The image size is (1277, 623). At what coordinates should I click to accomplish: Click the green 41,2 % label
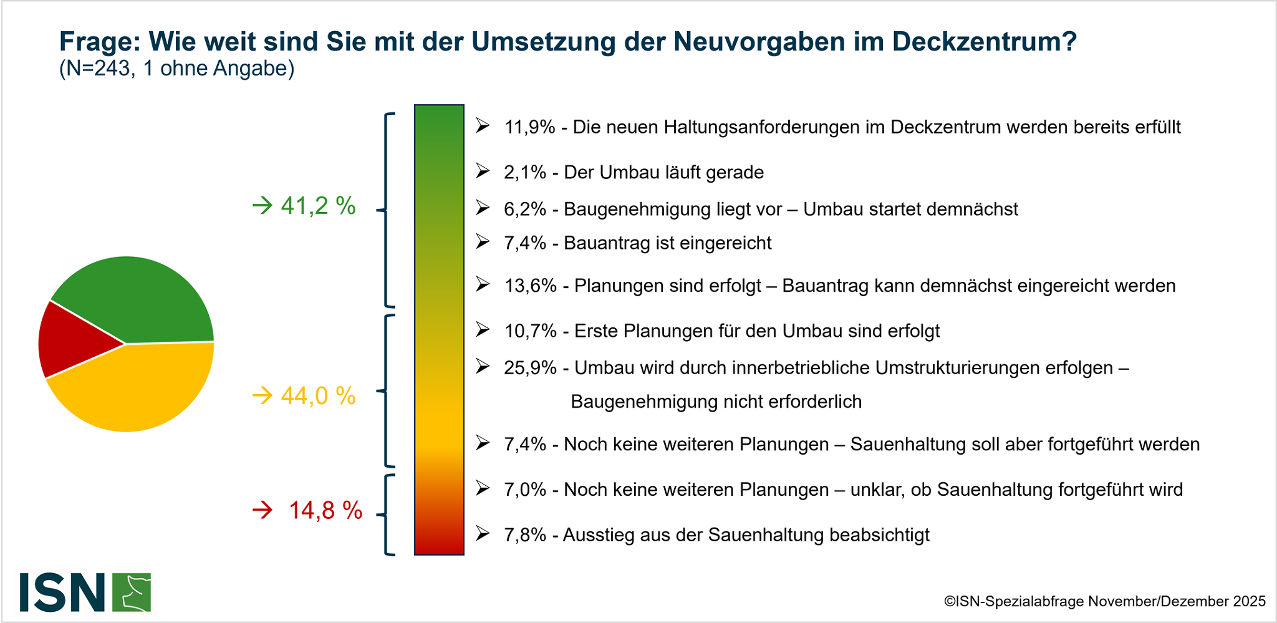[318, 206]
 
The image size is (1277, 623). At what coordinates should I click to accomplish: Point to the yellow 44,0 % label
[318, 396]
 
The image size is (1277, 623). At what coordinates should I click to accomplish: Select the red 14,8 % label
[325, 511]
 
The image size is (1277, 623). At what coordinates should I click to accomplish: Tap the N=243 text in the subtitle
[97, 69]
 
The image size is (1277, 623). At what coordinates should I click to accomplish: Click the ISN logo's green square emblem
[132, 592]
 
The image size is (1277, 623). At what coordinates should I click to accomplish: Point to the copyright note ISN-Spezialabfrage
[1104, 601]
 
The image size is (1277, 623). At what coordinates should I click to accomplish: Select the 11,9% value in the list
[529, 127]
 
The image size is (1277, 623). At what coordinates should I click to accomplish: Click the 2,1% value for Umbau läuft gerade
[525, 172]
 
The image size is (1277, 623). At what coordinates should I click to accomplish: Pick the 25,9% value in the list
[530, 368]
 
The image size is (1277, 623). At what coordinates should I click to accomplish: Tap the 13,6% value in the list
[530, 286]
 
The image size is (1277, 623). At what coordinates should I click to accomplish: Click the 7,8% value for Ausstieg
[525, 535]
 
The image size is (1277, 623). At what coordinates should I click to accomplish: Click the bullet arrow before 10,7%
[483, 329]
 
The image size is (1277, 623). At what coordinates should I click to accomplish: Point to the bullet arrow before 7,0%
[483, 488]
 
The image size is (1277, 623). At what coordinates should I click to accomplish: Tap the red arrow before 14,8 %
[263, 511]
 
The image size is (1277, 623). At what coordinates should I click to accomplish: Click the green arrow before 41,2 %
[263, 205]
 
